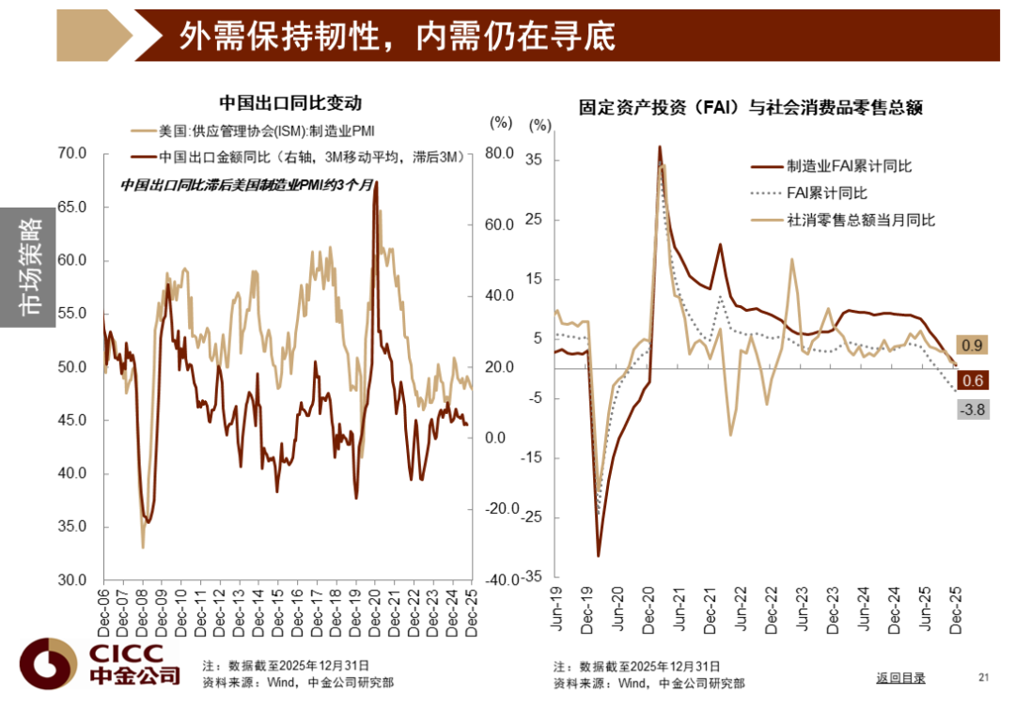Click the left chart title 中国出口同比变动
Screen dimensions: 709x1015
[x=289, y=103]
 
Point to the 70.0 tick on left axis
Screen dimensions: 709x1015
[x=72, y=153]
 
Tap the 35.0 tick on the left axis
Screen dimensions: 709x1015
[x=72, y=527]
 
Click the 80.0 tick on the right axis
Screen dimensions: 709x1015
[x=499, y=154]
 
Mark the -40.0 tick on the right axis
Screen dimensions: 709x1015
[x=497, y=580]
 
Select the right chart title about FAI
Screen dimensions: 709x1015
[x=750, y=108]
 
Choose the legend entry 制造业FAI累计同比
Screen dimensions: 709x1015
[x=849, y=166]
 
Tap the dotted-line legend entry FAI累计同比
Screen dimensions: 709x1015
[x=826, y=193]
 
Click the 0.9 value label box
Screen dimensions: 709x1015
[x=973, y=347]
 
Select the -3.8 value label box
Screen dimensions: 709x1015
[x=972, y=409]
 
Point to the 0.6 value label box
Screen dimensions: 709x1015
[x=973, y=381]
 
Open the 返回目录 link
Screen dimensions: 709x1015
[x=900, y=677]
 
